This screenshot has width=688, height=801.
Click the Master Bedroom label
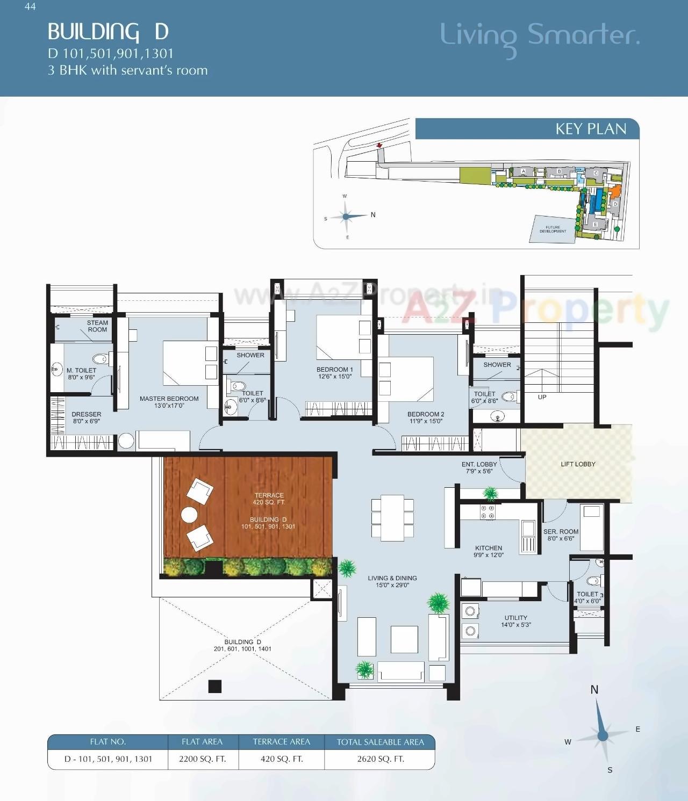click(169, 402)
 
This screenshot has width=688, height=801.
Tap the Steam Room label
click(97, 326)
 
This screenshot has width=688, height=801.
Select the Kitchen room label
click(488, 551)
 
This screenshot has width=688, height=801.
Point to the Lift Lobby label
click(578, 464)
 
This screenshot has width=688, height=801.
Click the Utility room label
click(515, 621)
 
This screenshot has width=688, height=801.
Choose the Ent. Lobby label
click(479, 467)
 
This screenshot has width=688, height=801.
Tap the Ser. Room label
click(561, 535)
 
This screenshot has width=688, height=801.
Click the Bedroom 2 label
click(426, 417)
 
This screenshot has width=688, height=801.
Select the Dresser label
click(86, 417)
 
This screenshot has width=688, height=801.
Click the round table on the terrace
click(189, 515)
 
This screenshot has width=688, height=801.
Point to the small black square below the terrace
click(215, 686)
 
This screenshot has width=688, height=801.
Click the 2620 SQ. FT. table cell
click(380, 759)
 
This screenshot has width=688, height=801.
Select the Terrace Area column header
click(281, 742)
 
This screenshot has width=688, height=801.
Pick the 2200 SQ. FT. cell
click(202, 759)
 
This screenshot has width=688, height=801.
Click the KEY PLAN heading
click(590, 129)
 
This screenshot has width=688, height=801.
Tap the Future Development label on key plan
click(553, 229)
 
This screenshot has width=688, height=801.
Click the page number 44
click(30, 6)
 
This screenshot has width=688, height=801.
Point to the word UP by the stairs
click(542, 397)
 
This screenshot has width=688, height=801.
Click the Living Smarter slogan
click(540, 35)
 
